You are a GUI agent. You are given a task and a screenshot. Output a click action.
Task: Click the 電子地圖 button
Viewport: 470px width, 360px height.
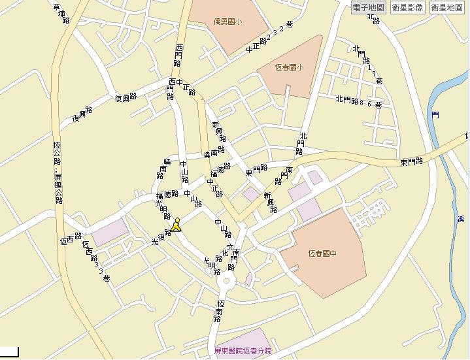point(368,8)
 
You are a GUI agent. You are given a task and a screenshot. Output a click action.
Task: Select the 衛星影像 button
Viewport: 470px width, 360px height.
point(408,8)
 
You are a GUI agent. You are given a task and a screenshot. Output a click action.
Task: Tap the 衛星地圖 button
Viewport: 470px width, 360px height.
point(446,8)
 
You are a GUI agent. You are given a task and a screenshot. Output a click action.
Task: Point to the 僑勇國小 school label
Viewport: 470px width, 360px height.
point(227,22)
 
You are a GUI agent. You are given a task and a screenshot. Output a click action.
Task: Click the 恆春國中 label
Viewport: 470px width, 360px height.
point(321,254)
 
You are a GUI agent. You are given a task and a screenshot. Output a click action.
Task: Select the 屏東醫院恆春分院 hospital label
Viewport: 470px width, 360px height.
point(243,351)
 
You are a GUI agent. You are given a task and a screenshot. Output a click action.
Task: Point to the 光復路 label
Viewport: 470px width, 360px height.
point(162,237)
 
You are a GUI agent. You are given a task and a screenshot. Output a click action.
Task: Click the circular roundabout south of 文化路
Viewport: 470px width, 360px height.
point(227,282)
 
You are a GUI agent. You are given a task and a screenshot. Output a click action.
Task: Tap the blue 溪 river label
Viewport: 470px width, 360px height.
point(460,219)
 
